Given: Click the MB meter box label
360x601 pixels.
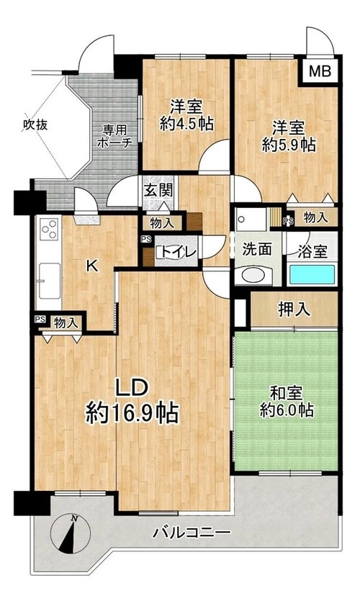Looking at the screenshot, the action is (320, 71).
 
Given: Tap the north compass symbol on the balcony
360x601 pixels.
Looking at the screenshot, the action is (71, 533).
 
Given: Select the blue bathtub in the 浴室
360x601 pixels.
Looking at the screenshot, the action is (312, 274).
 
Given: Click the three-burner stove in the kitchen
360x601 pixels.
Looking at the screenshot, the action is (50, 230).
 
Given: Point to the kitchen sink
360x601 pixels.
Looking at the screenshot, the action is (50, 281).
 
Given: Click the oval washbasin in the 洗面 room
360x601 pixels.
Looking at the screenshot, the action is (252, 275).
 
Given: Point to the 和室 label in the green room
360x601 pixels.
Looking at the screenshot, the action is (287, 393).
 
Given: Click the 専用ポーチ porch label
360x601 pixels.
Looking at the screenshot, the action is (115, 136).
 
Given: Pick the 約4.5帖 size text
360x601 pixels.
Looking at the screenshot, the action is (186, 123).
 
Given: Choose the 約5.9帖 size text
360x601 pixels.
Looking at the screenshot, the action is (289, 145).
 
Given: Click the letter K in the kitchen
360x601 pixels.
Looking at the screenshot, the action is (91, 266).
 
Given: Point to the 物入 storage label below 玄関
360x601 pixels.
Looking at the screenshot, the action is (161, 222).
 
